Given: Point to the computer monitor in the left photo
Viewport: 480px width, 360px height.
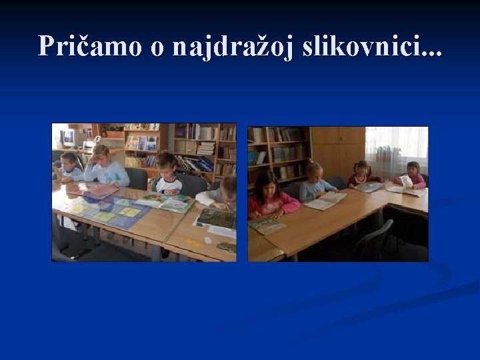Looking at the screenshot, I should tap(67, 138).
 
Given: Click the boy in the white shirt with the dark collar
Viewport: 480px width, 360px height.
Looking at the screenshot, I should tap(167, 175).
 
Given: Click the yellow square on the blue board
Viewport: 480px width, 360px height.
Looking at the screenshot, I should tap(130, 212).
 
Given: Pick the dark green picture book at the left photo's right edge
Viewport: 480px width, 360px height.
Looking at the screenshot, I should tap(217, 218).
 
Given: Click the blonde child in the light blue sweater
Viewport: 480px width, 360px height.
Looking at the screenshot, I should tap(315, 183).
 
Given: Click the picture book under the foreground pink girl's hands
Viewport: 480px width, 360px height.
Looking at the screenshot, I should tap(267, 225).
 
